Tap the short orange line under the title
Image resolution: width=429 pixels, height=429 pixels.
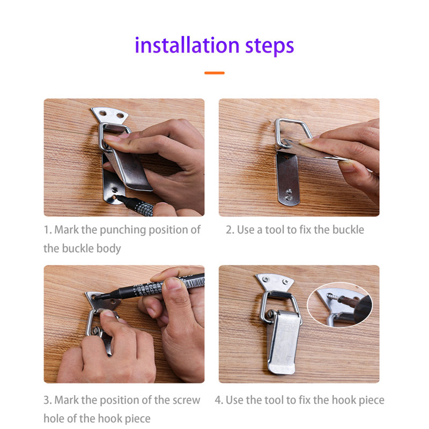coord(214,73)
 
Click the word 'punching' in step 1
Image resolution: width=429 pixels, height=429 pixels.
coord(108,230)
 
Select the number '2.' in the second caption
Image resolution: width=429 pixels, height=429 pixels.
coord(230,230)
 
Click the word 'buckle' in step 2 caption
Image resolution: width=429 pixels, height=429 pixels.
coord(347,230)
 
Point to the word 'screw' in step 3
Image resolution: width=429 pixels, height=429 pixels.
coord(183,400)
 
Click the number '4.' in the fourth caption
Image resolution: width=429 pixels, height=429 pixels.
coord(219,400)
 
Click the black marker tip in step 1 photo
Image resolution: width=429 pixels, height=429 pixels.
coord(119,199)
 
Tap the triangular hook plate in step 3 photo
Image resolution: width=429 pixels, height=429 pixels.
coord(102,300)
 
